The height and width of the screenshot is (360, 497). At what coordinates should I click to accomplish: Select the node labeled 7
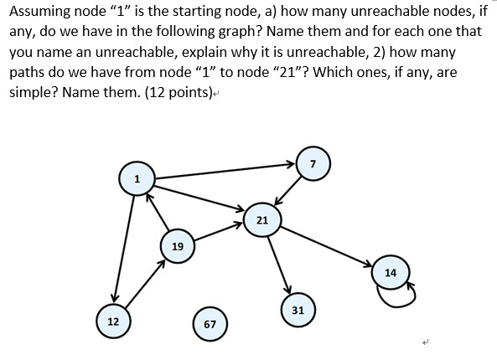coord(313,162)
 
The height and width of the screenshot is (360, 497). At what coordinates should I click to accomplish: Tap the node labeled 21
coord(261,219)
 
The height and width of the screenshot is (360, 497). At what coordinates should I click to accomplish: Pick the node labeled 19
coord(177,247)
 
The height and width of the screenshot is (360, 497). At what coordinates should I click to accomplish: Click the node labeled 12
coord(113,321)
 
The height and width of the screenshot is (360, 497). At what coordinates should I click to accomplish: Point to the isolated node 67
coord(210,324)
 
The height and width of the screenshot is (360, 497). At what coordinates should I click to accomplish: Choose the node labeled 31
coord(298,309)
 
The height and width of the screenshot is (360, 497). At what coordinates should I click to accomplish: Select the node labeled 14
coord(391,273)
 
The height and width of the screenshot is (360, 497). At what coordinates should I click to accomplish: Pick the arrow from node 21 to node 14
coord(327,246)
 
